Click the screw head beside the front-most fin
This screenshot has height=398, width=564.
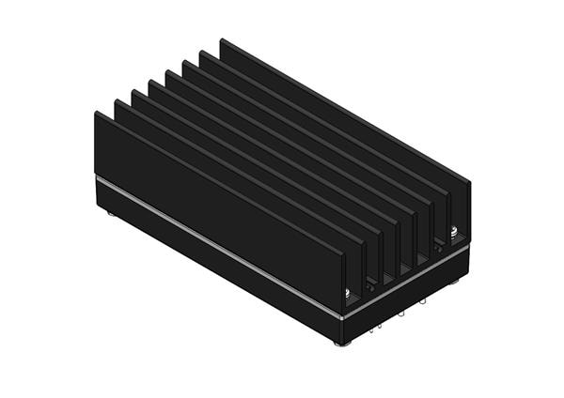[349, 294]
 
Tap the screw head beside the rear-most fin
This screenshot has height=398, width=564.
[455, 231]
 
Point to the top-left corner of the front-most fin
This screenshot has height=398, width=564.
[96, 113]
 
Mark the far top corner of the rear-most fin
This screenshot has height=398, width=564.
[221, 39]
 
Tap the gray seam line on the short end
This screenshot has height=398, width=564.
[404, 282]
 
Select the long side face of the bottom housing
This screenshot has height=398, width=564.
[216, 268]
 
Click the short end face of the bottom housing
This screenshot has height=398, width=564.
[404, 300]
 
